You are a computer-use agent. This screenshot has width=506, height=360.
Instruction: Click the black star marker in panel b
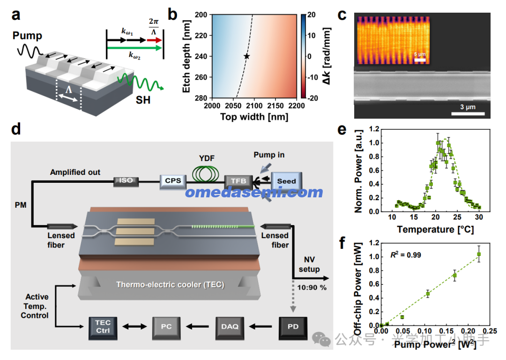coord(247,56)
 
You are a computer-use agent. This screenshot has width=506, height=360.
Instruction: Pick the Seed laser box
coord(286,181)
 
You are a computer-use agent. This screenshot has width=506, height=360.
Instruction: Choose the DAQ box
coord(230,327)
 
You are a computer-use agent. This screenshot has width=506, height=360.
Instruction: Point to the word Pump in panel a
coord(27,35)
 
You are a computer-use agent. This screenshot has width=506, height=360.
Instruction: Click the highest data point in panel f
coord(479,254)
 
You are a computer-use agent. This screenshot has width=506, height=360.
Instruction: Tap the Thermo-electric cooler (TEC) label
coord(170,284)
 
